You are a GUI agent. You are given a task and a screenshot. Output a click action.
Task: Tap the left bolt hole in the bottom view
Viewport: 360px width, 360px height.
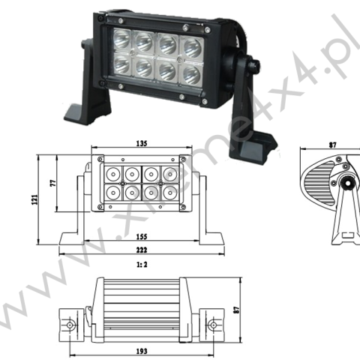click(70, 325)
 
